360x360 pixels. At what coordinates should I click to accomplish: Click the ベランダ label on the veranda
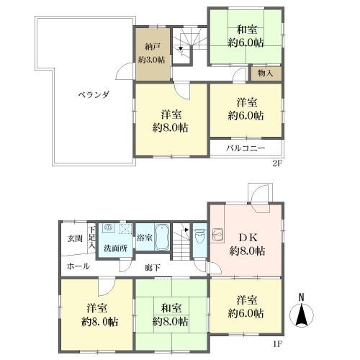[x=94, y=95]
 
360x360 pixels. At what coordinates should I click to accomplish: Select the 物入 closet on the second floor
[x=266, y=73]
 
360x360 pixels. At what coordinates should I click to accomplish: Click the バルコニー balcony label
[x=246, y=148]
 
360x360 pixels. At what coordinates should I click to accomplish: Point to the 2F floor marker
[x=276, y=163]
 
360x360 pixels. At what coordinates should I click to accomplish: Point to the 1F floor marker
[x=277, y=344]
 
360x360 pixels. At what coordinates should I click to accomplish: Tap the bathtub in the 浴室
[x=162, y=238]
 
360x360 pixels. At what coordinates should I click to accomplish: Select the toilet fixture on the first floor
[x=199, y=236]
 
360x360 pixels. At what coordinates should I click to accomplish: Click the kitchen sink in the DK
[x=218, y=233]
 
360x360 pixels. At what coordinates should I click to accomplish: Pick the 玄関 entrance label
[x=75, y=238]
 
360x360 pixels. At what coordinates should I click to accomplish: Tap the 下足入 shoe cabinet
[x=91, y=238]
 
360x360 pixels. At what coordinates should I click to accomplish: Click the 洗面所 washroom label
[x=115, y=248]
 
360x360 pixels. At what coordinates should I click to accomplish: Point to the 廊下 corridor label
[x=153, y=268]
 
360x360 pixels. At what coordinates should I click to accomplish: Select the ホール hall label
[x=78, y=266]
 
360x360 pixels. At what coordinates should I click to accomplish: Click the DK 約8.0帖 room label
[x=247, y=244]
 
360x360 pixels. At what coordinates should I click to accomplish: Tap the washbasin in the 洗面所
[x=108, y=227]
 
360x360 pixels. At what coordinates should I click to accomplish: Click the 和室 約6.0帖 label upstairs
[x=246, y=36]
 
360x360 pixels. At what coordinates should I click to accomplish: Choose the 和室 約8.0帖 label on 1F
[x=171, y=315]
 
